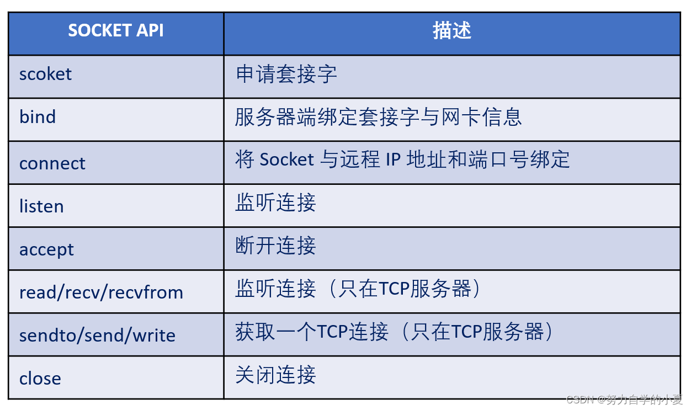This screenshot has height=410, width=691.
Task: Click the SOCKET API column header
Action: (x=115, y=31)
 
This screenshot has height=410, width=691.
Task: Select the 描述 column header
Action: (x=451, y=31)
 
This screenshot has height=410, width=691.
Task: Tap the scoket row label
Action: (x=45, y=74)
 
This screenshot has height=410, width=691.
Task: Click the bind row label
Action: (x=38, y=117)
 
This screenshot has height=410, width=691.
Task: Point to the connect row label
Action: (x=52, y=163)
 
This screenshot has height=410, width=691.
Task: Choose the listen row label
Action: (x=41, y=206)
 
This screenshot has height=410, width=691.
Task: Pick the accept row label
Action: (x=46, y=249)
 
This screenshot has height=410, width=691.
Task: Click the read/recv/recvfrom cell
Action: (x=101, y=292)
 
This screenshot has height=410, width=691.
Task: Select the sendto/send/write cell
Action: (x=97, y=336)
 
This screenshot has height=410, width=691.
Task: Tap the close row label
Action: (x=40, y=379)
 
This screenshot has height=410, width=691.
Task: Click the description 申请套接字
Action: (x=286, y=74)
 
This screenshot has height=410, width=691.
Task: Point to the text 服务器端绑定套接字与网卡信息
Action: (x=378, y=117)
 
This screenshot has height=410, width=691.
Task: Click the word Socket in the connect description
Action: (x=286, y=159)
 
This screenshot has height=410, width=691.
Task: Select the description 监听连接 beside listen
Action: (x=275, y=203)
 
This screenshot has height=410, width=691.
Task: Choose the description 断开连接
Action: (x=275, y=246)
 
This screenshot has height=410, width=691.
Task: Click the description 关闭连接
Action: (x=275, y=375)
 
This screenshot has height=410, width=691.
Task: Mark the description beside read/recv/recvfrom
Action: (x=359, y=289)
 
